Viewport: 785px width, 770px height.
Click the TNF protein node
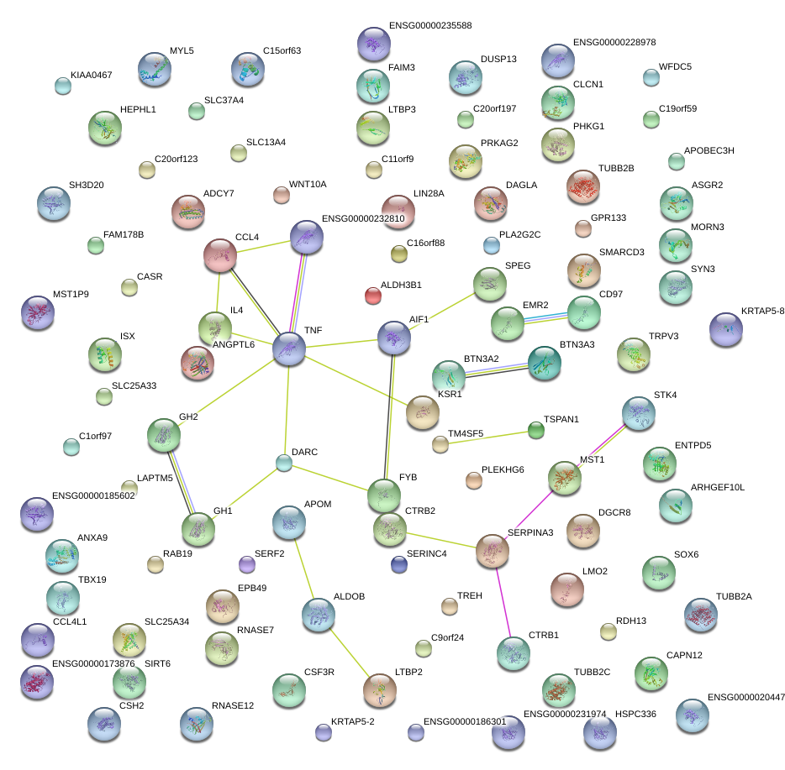pos(289,348)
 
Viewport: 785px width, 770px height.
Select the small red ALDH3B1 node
pos(373,295)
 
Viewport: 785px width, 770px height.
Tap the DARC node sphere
pos(284,463)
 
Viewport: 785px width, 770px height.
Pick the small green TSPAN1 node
pos(536,431)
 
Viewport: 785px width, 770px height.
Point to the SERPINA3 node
pos(493,551)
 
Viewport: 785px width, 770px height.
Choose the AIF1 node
pos(394,338)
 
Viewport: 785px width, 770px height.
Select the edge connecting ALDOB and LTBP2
pos(349,652)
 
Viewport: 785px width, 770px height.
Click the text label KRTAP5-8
pos(763,312)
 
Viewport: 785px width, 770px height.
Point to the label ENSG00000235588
pos(430,26)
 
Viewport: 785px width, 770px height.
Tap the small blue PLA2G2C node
pos(492,245)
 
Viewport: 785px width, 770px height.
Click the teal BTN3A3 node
pos(544,363)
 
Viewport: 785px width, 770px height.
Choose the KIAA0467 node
pos(62,85)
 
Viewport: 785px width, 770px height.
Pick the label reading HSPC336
pos(635,715)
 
